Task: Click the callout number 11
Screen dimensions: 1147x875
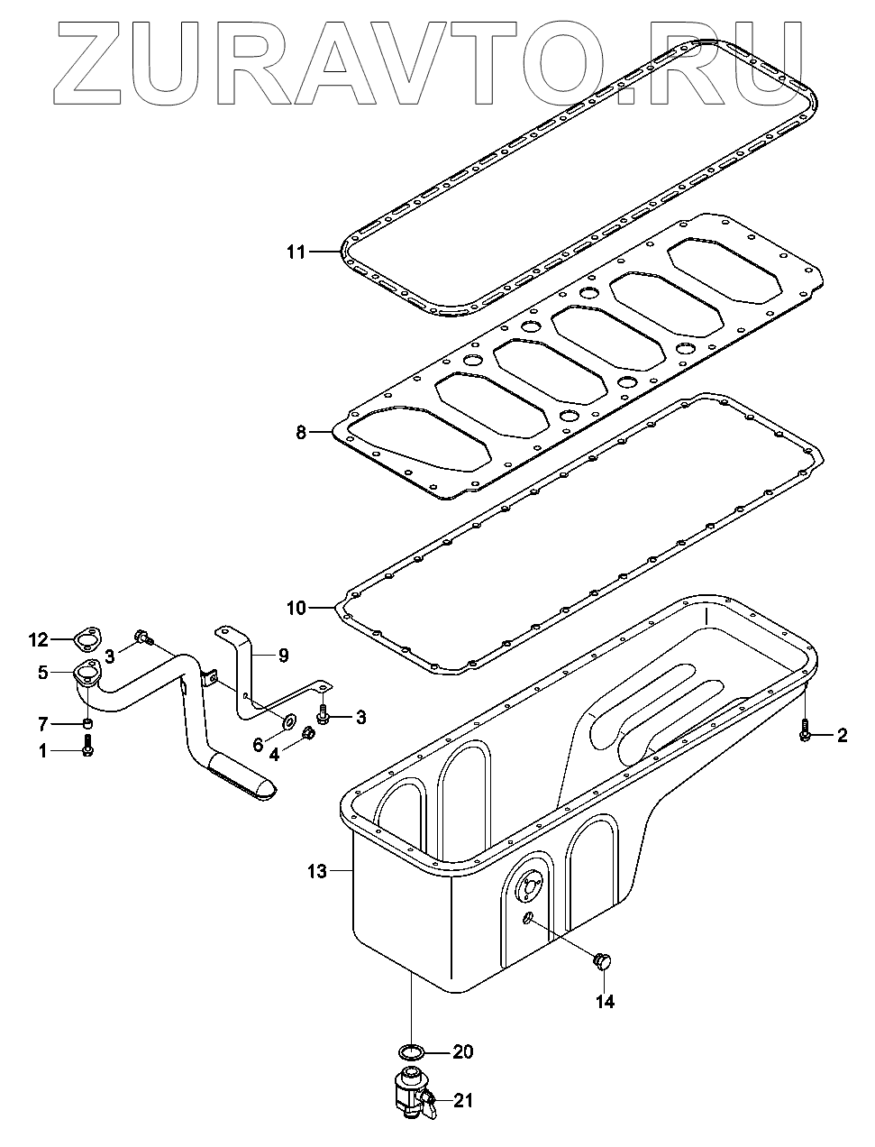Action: point(296,252)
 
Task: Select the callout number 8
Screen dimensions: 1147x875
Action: point(302,433)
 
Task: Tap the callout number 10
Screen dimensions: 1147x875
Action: point(296,608)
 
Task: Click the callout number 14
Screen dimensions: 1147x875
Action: point(605,1001)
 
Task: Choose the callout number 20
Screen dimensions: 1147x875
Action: point(462,1052)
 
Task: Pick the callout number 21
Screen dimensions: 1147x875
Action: point(463,1100)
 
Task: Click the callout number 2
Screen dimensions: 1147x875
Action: point(842,736)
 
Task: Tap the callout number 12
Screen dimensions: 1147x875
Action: point(37,640)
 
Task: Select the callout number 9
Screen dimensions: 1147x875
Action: point(283,656)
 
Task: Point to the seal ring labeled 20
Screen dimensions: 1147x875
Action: point(411,1051)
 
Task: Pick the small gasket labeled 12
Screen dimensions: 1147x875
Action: point(86,641)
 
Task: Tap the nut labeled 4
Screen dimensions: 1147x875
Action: point(308,733)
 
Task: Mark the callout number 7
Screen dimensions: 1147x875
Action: point(42,724)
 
